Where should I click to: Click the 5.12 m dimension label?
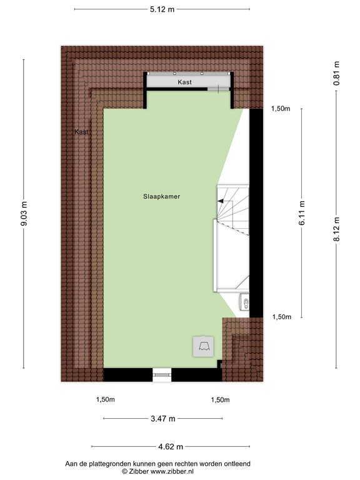point(161,9)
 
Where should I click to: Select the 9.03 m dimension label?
point(25,214)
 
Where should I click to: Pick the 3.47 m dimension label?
point(162,419)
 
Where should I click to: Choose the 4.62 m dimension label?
point(170,446)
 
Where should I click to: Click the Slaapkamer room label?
point(161,196)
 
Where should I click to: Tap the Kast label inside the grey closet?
point(184,82)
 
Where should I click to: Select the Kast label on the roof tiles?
point(82,132)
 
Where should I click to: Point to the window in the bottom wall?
point(162,375)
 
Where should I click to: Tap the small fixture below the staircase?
point(245,304)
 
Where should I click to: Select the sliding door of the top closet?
point(214,90)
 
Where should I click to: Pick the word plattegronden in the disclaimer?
point(108,464)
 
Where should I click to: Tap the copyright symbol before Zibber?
point(124,471)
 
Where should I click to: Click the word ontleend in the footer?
point(234,464)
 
